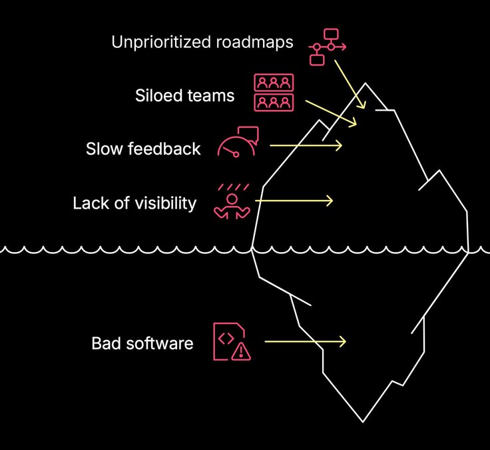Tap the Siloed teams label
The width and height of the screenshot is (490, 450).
[x=184, y=95]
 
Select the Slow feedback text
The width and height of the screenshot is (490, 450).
[x=143, y=148]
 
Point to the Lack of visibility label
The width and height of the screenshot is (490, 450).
[x=134, y=203]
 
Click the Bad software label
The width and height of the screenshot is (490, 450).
[x=142, y=343]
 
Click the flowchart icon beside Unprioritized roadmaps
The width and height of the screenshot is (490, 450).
[x=327, y=46]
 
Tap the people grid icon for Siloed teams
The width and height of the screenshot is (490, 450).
[x=274, y=93]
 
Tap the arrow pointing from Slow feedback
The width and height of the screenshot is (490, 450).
[x=306, y=145]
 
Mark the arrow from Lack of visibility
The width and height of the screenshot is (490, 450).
[x=294, y=199]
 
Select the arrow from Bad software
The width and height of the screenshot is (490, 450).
[x=305, y=341]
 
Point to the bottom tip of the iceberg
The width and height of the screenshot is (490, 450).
[x=363, y=421]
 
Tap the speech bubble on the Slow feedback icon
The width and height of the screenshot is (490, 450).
[x=248, y=133]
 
